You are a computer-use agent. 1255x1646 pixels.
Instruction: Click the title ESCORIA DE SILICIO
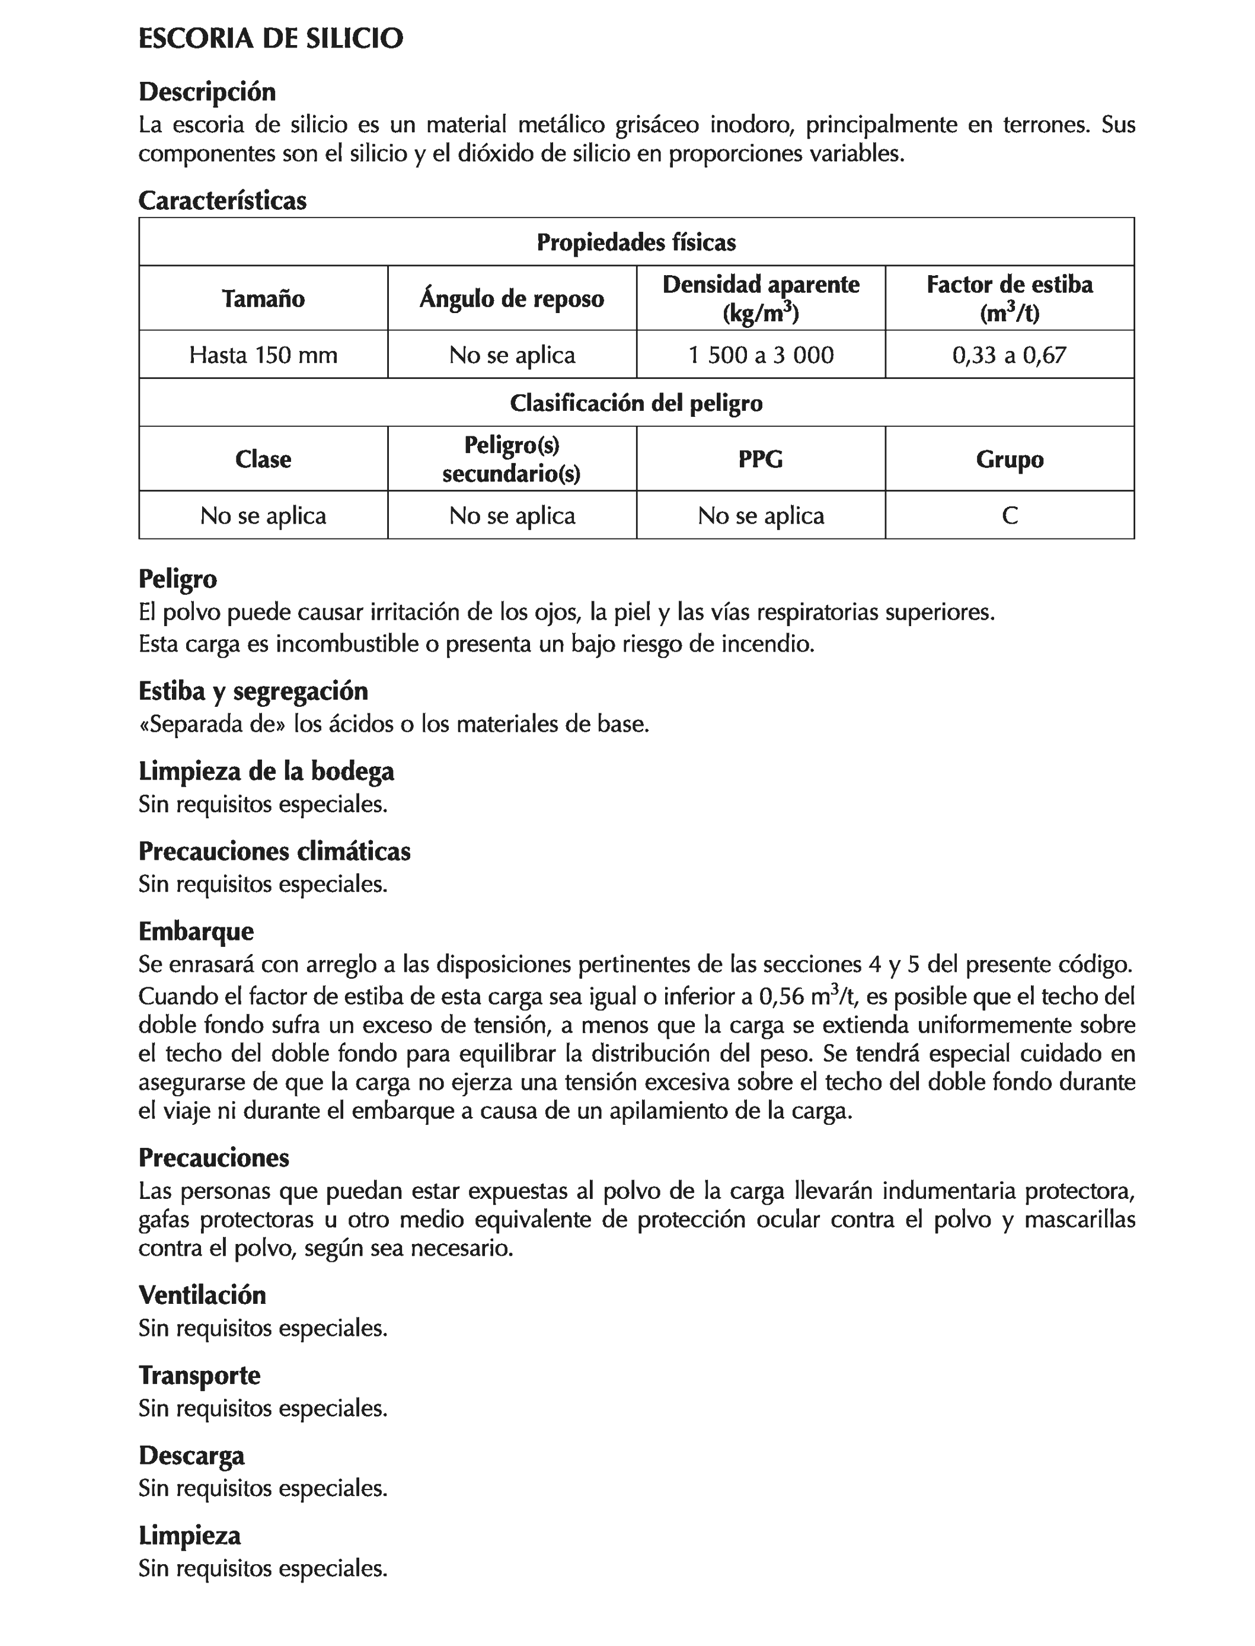click(270, 39)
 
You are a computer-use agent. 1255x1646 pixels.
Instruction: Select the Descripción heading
click(207, 92)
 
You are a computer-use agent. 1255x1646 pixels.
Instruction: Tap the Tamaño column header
click(263, 299)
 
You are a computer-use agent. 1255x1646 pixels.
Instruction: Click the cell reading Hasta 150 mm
click(263, 355)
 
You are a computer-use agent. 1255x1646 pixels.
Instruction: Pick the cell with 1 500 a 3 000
click(761, 355)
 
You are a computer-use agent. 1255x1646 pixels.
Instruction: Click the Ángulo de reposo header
click(512, 299)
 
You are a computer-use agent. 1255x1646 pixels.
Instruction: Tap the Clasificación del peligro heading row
click(637, 403)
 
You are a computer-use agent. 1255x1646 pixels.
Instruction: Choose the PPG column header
click(761, 459)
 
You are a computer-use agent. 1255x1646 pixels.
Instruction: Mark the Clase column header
click(263, 459)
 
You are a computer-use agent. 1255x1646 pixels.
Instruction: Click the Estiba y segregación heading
click(253, 691)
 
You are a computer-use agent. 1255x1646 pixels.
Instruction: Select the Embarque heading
click(196, 932)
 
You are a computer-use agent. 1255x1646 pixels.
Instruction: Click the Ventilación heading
click(202, 1295)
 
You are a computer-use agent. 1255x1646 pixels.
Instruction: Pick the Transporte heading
click(199, 1376)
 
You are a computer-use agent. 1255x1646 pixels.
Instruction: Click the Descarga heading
click(191, 1456)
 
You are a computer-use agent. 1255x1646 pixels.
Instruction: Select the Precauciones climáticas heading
click(274, 852)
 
